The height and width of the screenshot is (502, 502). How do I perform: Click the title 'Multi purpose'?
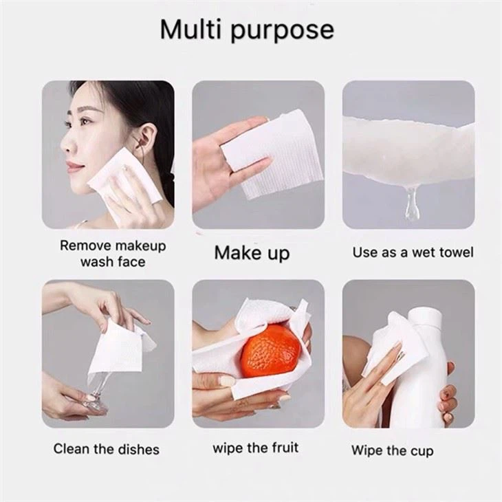(247, 30)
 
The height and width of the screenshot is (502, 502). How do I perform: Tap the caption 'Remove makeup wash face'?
(113, 254)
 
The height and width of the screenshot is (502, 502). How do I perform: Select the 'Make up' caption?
(252, 252)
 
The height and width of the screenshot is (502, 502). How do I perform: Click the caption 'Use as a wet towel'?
(413, 252)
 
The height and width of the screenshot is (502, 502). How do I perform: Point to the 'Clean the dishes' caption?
(106, 449)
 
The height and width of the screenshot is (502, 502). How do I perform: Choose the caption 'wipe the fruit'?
(256, 448)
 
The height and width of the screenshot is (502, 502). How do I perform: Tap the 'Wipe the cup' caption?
(393, 450)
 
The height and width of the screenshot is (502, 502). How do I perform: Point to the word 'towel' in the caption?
(456, 252)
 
